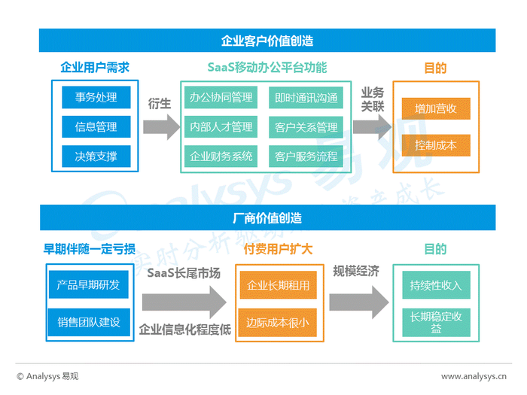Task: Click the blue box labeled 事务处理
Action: [x=96, y=97]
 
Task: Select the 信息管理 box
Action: [x=96, y=127]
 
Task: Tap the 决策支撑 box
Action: [x=96, y=156]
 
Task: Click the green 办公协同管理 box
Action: [x=221, y=97]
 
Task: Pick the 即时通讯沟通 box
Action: [x=306, y=98]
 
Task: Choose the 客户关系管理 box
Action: [x=306, y=127]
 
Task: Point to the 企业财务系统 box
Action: [x=221, y=156]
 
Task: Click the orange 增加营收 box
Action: [x=436, y=108]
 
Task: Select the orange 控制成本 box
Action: [x=436, y=145]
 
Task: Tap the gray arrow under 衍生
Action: [x=162, y=127]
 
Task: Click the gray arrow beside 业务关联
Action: [x=373, y=127]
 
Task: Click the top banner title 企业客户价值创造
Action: [x=267, y=41]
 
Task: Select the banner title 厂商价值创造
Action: [x=267, y=218]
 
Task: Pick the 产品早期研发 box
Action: [x=89, y=284]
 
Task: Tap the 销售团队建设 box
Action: [x=89, y=322]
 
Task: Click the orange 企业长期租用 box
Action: [x=278, y=285]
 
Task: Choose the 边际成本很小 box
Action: [x=277, y=323]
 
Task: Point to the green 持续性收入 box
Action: [x=436, y=285]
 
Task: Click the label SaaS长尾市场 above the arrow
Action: [x=184, y=272]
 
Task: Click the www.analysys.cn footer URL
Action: [x=474, y=376]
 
